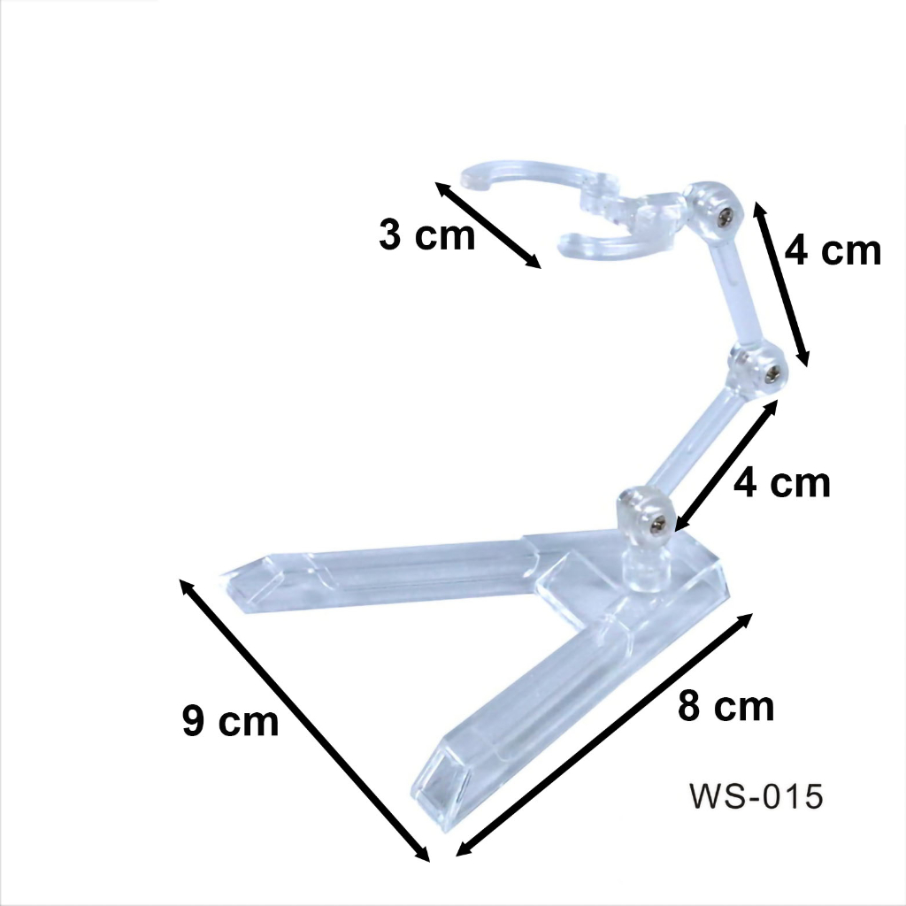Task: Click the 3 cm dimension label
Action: [x=427, y=236]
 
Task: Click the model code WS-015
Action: [x=756, y=796]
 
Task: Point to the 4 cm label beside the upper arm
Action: [x=833, y=251]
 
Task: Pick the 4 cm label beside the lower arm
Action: [x=783, y=483]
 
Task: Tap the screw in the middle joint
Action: [x=769, y=372]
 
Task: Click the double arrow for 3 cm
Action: [x=488, y=225]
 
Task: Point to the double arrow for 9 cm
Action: [x=304, y=719]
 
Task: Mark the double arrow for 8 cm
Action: [x=604, y=735]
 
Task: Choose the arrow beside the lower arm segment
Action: [x=726, y=465]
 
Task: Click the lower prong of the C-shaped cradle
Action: [x=602, y=246]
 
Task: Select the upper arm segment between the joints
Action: [x=734, y=292]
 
